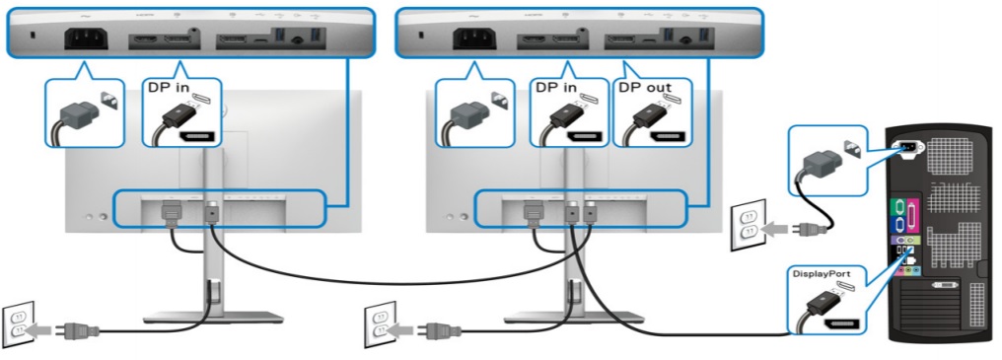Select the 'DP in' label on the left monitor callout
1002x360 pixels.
click(x=171, y=87)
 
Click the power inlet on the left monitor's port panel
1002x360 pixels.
click(x=86, y=42)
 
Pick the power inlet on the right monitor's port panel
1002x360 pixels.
click(x=474, y=42)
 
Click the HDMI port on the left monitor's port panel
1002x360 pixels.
click(x=145, y=41)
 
